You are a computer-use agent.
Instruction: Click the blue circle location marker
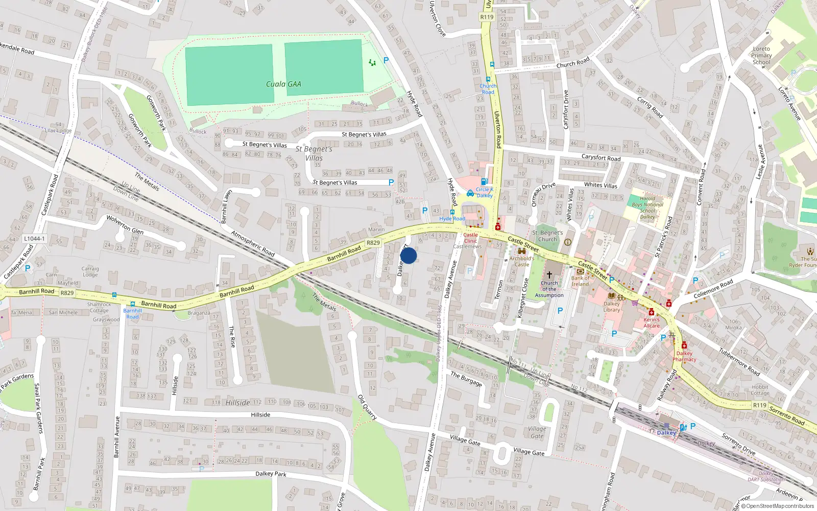point(408,255)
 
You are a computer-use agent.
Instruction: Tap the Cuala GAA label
point(283,84)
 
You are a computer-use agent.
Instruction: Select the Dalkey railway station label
point(666,433)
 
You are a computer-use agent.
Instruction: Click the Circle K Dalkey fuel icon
point(484,181)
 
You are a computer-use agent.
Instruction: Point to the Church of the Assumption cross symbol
point(549,274)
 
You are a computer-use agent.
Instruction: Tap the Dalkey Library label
point(611,307)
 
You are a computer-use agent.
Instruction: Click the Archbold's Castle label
point(521,261)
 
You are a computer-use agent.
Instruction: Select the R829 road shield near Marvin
point(373,243)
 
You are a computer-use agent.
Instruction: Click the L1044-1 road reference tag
point(34,239)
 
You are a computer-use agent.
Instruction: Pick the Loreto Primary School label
point(761,56)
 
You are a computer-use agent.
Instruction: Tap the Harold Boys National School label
point(647,207)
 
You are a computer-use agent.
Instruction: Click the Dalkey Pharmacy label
point(684,356)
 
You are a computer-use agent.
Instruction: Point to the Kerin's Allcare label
point(652,322)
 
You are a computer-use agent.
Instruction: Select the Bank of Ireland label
point(580,281)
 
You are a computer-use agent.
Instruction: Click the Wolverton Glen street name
point(125,224)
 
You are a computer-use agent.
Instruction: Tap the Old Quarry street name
point(367,407)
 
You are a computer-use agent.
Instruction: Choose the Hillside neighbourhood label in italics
point(238,403)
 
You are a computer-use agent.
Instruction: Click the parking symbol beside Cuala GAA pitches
point(386,60)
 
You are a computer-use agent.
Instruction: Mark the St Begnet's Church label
point(547,236)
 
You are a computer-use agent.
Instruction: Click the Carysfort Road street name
point(601,158)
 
